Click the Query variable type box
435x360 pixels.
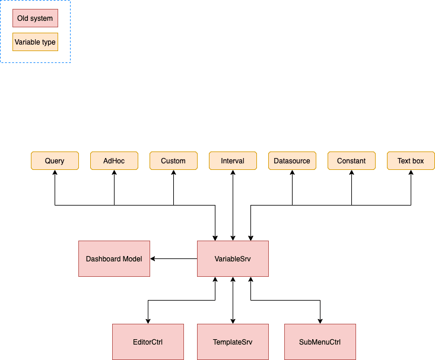pyautogui.click(x=55, y=161)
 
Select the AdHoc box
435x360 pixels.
pyautogui.click(x=114, y=161)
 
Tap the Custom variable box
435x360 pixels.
pyautogui.click(x=173, y=161)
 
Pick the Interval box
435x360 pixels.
pyautogui.click(x=233, y=161)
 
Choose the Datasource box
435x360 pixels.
pyautogui.click(x=292, y=161)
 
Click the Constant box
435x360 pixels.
pyautogui.click(x=351, y=161)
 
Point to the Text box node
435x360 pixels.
pyautogui.click(x=411, y=161)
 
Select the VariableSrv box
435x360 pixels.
pyautogui.click(x=233, y=259)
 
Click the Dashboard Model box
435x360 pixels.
pyautogui.click(x=114, y=259)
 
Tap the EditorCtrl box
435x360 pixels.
pyautogui.click(x=148, y=342)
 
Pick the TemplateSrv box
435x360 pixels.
pyautogui.click(x=233, y=342)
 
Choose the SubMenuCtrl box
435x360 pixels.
pyautogui.click(x=320, y=342)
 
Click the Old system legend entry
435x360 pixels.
pyautogui.click(x=35, y=18)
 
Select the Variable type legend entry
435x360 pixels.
pyautogui.click(x=35, y=42)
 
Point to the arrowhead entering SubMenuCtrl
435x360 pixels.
pyautogui.click(x=320, y=321)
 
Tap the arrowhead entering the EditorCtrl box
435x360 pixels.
pyautogui.click(x=148, y=321)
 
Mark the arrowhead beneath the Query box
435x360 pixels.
pyautogui.click(x=55, y=173)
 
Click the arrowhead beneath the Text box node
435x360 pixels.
pyautogui.click(x=411, y=173)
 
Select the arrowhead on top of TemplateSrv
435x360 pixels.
pyautogui.click(x=233, y=321)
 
